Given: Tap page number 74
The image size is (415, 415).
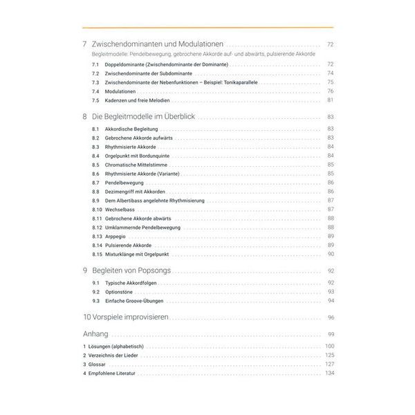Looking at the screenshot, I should pos(331,73).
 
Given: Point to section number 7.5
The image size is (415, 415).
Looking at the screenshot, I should pos(95,100).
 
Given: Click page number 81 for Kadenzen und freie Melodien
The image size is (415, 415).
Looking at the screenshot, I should pos(331,100).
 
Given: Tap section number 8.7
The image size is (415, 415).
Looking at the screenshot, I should pos(95,183).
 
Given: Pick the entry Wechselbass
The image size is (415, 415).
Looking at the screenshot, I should pos(122,210).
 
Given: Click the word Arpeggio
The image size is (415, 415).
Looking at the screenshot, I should pos(120,237).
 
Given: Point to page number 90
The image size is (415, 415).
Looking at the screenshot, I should pos(331,255).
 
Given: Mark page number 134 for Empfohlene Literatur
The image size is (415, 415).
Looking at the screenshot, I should pos(329,373).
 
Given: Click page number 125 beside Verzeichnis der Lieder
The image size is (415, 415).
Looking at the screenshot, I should pos(329,355).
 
